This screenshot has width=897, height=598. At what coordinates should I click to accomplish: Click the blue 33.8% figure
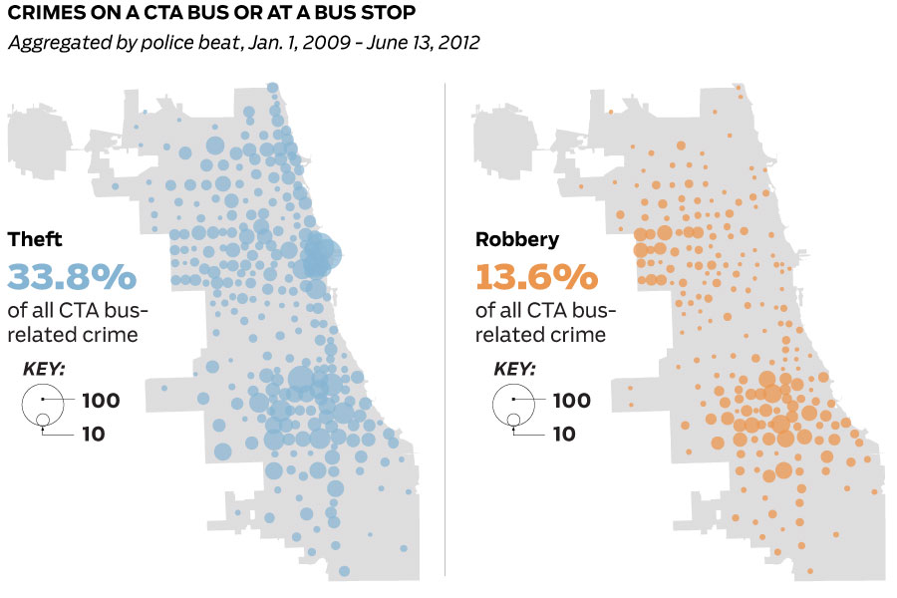point(72,275)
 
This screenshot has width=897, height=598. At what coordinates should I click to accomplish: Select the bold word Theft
point(35,239)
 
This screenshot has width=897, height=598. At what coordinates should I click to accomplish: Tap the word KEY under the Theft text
point(44,369)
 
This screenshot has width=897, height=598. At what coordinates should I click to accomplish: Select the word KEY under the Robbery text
point(514,369)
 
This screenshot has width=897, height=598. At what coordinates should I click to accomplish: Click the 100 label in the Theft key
point(101,401)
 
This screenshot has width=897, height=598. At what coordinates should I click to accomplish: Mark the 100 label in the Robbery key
point(571,401)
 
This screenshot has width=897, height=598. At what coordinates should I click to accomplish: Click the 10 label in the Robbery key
point(563,434)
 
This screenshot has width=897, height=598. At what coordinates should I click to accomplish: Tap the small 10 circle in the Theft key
point(43,419)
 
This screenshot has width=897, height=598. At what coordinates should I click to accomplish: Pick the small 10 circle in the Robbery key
point(513,419)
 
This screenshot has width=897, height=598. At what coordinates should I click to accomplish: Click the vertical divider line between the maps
point(445,329)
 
